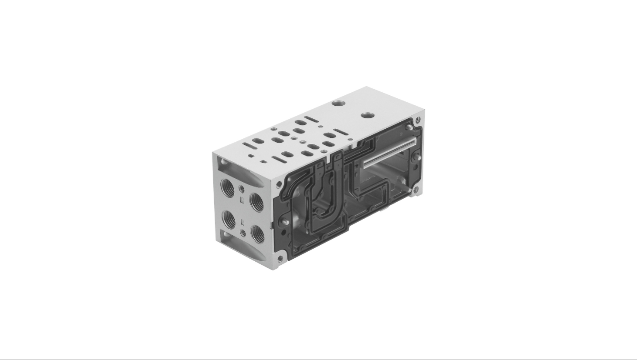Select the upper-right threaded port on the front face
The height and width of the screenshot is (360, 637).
pyautogui.click(x=257, y=202)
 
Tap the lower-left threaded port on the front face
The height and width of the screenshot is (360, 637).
pyautogui.click(x=229, y=219)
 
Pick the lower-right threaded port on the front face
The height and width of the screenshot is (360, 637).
pyautogui.click(x=258, y=234)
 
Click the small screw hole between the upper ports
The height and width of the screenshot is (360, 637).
pyautogui.click(x=242, y=189)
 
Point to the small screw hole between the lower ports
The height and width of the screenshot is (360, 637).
pyautogui.click(x=243, y=233)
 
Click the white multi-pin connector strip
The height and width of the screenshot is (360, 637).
pyautogui.click(x=390, y=152)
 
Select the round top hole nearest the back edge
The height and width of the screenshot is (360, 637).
pyautogui.click(x=339, y=103)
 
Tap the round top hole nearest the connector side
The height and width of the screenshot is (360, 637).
pyautogui.click(x=367, y=115)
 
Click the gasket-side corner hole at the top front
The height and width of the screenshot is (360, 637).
pyautogui.click(x=279, y=185)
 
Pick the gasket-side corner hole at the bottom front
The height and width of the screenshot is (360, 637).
pyautogui.click(x=280, y=258)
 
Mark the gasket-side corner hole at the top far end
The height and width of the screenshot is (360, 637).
pyautogui.click(x=417, y=120)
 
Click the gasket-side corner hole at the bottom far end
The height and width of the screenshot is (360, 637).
pyautogui.click(x=415, y=189)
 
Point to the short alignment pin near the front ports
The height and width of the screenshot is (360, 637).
pyautogui.click(x=285, y=222)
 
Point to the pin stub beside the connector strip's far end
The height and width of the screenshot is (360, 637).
pyautogui.click(x=415, y=157)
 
